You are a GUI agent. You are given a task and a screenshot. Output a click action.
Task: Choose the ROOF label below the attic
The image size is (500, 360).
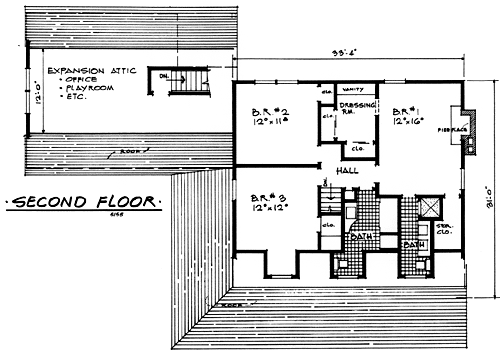[130, 151]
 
